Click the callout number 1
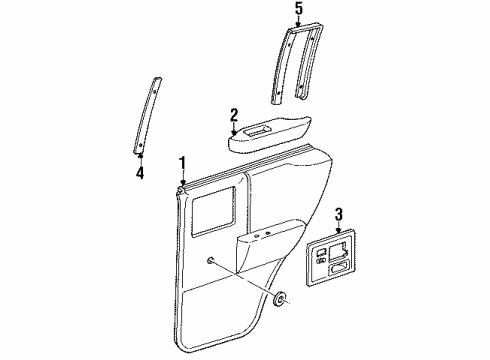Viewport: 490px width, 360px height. (x=182, y=162)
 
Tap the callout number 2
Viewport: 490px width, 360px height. (x=233, y=114)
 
